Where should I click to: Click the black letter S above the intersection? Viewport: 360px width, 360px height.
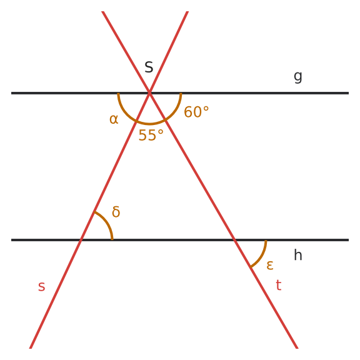coord(149,67)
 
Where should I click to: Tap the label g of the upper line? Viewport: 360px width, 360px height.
coord(297,77)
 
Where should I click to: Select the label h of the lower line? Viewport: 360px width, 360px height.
coord(297,255)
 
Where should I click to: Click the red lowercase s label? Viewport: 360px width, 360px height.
coord(41,286)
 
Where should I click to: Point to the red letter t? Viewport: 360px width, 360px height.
coord(279,285)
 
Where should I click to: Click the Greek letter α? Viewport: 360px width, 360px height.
coord(114,119)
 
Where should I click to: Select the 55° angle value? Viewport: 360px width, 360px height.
coord(151,135)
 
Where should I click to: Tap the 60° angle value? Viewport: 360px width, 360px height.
coord(196,112)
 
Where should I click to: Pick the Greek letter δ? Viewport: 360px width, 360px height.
coord(116,211)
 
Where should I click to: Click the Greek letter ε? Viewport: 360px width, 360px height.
coord(270,265)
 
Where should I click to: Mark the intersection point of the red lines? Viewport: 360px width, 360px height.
coord(149,93)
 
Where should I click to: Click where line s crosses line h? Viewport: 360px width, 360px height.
coord(81,240)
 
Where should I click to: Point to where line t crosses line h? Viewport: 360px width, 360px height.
coord(234,240)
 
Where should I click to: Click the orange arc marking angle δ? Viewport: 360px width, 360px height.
coord(106,222)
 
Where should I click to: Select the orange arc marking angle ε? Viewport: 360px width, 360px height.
coord(261,256)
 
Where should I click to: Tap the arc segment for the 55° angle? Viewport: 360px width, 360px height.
coord(150,124)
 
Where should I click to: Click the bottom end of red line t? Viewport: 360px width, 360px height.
coord(297,349)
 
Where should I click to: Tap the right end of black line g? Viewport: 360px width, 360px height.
coord(349,93)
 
